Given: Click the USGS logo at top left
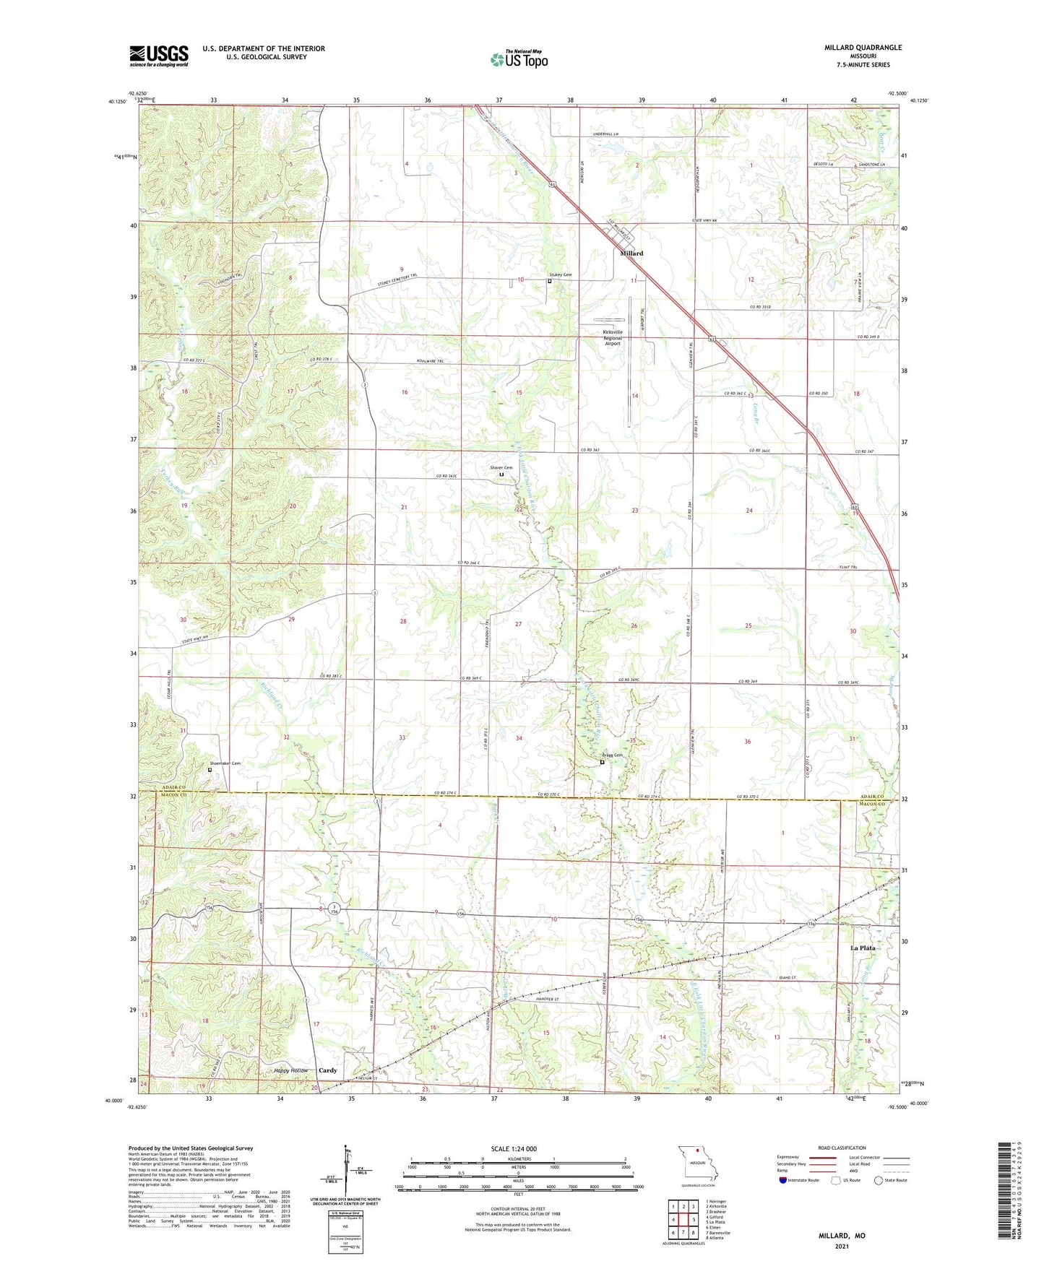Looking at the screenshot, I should coord(158,56).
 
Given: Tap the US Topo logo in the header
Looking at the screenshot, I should coord(518,59).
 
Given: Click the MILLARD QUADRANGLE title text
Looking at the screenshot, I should coord(863,48).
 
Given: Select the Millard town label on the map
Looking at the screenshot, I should coord(631,253).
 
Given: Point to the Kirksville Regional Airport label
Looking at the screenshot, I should coord(612,338).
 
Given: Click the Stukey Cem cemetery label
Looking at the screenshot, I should coord(561,275).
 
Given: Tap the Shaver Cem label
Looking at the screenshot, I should coord(501,468).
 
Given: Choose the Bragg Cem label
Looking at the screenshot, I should coord(611,755).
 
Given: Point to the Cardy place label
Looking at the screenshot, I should coord(328,1070).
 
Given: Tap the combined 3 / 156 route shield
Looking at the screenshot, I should coord(334,908).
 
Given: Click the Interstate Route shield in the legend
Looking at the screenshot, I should coord(784,1180).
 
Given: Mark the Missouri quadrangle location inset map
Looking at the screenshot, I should coord(696,1164).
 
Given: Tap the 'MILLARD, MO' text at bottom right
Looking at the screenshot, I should coord(842,1236).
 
